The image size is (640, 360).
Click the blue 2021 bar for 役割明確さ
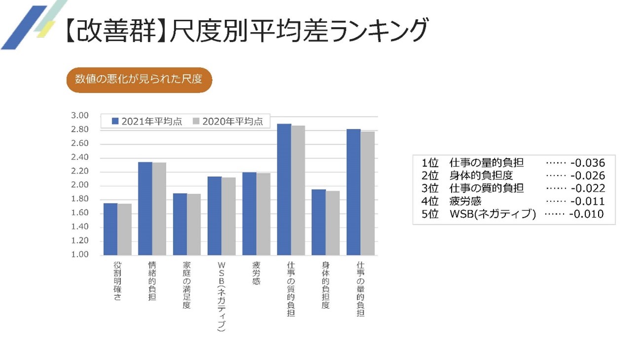tap(111, 229)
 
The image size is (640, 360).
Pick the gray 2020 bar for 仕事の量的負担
tap(368, 193)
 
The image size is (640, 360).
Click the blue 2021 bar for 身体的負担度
tap(319, 222)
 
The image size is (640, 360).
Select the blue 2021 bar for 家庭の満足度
tap(180, 224)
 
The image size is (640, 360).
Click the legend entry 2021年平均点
tap(147, 121)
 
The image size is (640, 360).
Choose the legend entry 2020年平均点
tap(227, 121)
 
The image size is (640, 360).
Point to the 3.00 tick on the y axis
tap(79, 116)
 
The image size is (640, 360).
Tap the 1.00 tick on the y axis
tap(79, 255)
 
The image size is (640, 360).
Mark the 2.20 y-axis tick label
tap(79, 171)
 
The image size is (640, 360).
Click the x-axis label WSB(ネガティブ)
tap(222, 296)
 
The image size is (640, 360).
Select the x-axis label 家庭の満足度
tap(187, 285)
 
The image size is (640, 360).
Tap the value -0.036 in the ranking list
tap(587, 163)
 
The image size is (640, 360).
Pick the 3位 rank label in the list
tap(430, 189)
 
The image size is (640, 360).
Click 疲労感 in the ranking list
tap(465, 201)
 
